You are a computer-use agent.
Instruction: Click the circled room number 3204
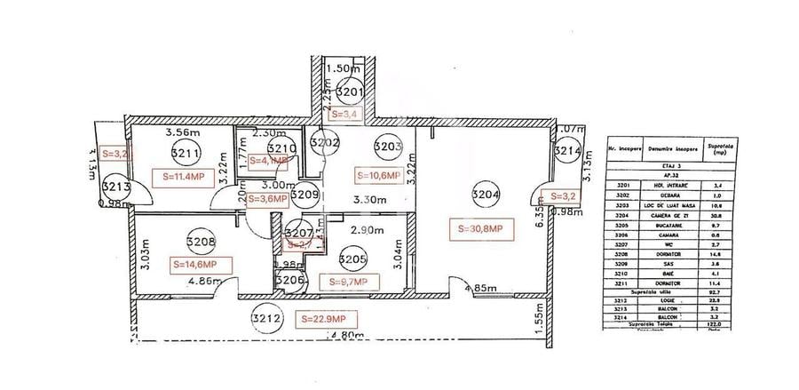485,195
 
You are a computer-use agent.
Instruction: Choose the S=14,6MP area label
202,264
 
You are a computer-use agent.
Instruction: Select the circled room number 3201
350,92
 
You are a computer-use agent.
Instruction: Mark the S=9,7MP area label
348,282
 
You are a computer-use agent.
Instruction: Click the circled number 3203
387,147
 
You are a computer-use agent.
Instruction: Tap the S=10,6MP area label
379,175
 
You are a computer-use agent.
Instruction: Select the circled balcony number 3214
566,152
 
